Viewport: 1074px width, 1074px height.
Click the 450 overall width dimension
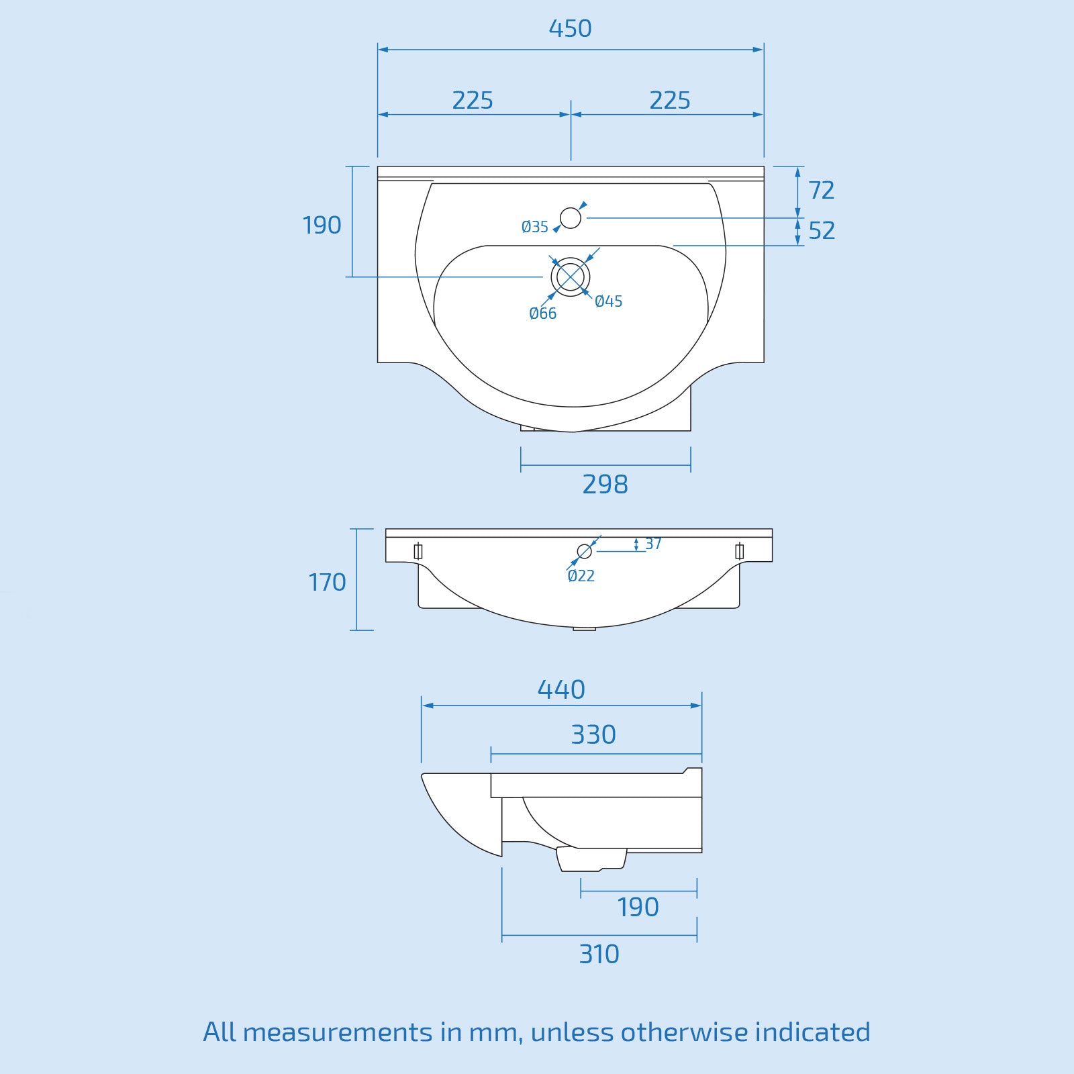[570, 29]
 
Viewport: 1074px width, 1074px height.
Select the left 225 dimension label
[473, 101]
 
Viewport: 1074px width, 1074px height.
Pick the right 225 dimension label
[670, 101]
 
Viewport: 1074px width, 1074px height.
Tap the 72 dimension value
[822, 191]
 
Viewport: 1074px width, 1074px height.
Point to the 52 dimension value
[822, 231]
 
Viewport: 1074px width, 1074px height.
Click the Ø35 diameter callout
[535, 228]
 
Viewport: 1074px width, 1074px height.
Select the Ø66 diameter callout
[542, 313]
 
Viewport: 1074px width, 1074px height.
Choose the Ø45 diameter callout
[609, 302]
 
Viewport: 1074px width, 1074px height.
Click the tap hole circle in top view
[571, 218]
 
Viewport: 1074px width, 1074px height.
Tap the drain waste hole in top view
[571, 277]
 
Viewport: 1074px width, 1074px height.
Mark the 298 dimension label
[605, 485]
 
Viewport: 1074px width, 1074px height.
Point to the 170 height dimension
[327, 583]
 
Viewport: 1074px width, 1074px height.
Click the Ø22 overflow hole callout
[581, 576]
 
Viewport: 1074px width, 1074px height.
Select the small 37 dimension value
[653, 544]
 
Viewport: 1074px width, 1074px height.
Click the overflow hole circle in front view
[585, 551]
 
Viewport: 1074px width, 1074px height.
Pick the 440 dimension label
[561, 690]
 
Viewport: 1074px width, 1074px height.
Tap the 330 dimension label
[593, 735]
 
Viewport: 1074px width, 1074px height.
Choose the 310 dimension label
[599, 955]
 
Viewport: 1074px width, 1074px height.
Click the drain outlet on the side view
[591, 859]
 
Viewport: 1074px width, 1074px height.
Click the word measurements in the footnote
[338, 1032]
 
